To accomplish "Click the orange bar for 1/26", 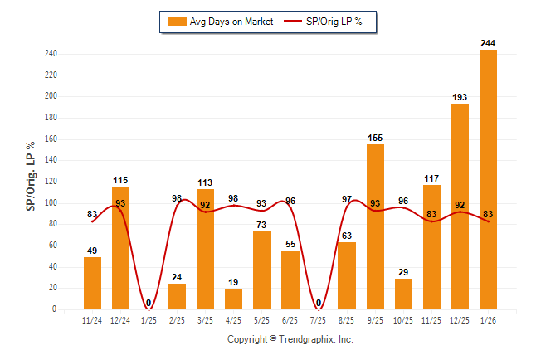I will (x=488, y=179).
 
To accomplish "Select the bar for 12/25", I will (x=460, y=207).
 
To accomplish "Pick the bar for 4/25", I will (x=234, y=299).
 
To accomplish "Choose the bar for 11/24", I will (x=93, y=283).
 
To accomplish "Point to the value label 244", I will (x=488, y=43).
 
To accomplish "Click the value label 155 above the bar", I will (x=375, y=138).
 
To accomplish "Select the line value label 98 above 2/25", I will (x=178, y=199).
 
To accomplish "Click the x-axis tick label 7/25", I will (x=319, y=319).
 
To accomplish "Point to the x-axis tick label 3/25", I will (x=206, y=319).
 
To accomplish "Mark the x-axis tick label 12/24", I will (x=121, y=319).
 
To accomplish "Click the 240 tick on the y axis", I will (x=51, y=54).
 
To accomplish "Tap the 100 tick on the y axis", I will (x=51, y=202).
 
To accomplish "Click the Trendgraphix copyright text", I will (x=290, y=339).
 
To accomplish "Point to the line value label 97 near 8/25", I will (x=347, y=199).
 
